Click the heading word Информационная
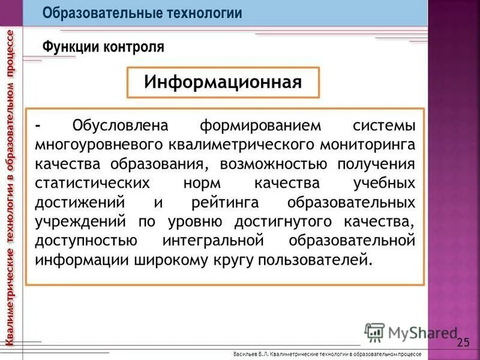point(223,82)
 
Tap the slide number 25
point(463,343)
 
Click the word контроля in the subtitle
point(134,46)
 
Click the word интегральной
point(214,241)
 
